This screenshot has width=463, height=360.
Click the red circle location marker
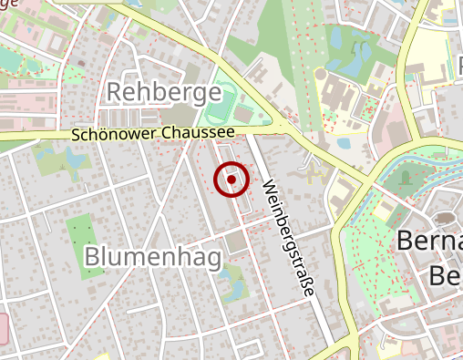point(231,180)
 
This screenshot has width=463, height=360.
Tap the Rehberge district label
point(164,92)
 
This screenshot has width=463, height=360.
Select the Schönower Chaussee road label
point(152,134)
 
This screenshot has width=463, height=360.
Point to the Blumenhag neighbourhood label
point(152,258)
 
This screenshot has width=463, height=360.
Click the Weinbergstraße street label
point(287,238)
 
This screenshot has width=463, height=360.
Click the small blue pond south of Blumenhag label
point(233,284)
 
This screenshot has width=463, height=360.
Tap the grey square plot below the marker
point(235,242)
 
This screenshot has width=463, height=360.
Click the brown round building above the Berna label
point(446,217)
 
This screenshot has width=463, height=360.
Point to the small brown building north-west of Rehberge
point(80,64)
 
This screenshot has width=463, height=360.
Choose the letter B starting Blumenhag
point(92,258)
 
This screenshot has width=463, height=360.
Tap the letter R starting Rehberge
point(115,92)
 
